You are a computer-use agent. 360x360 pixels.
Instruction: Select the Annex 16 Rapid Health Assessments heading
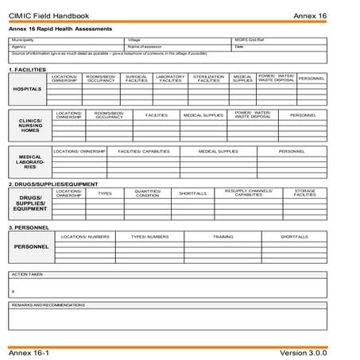click(72, 29)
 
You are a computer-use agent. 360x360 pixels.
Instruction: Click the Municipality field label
click(23, 40)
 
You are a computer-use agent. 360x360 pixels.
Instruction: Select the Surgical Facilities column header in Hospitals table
click(137, 79)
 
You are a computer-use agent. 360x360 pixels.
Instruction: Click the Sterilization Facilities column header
click(208, 79)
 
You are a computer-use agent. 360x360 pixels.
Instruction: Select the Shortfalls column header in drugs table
click(192, 193)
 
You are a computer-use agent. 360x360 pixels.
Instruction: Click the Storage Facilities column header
click(305, 193)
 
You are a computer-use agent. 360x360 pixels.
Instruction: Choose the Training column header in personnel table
click(223, 236)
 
